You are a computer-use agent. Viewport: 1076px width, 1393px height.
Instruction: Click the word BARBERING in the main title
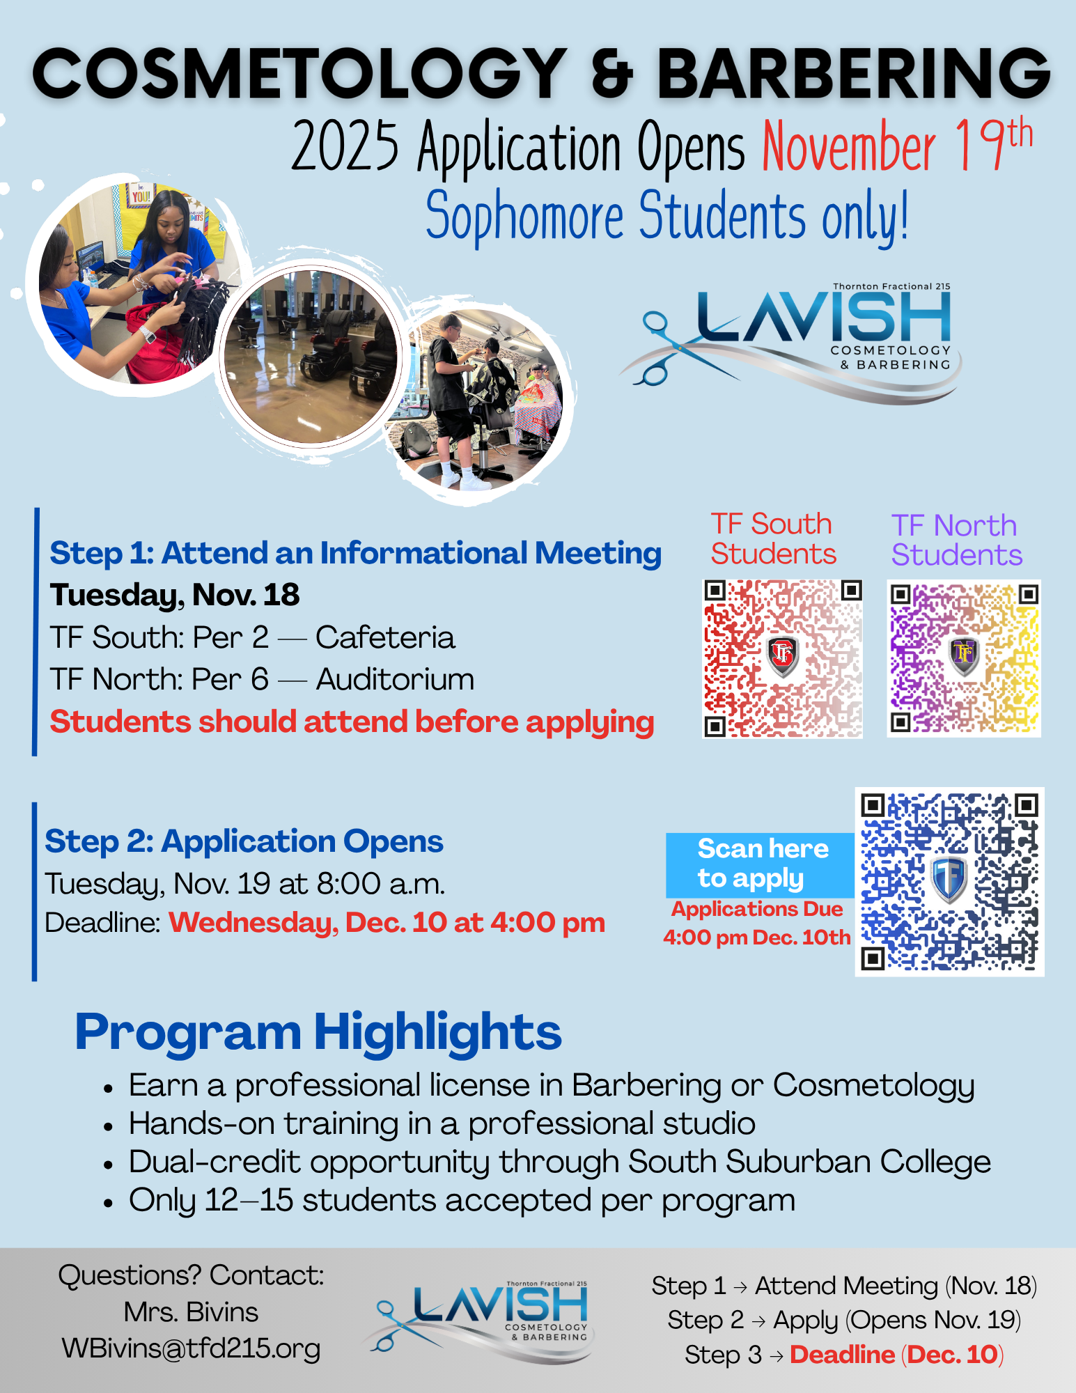[x=853, y=74]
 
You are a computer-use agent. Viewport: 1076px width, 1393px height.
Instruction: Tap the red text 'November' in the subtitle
[x=849, y=147]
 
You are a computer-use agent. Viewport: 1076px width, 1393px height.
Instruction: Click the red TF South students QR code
[x=783, y=658]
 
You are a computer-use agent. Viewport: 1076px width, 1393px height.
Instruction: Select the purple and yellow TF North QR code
[x=964, y=658]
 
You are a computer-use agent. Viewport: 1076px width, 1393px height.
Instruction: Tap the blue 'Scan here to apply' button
[x=761, y=864]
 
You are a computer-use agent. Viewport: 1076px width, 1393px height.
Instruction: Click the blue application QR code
[x=949, y=882]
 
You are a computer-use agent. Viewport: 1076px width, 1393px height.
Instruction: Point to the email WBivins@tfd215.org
[x=191, y=1348]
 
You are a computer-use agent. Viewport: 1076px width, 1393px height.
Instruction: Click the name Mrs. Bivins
[x=191, y=1312]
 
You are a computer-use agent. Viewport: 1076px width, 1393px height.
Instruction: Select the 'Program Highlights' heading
[x=318, y=1032]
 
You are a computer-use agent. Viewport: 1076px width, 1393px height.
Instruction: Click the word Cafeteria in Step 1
[x=384, y=637]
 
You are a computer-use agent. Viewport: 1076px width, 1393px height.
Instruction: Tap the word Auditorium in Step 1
[x=395, y=679]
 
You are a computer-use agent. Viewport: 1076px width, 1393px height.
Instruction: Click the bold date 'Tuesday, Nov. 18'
[x=174, y=595]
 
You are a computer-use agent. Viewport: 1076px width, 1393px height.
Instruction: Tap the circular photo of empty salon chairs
[x=310, y=357]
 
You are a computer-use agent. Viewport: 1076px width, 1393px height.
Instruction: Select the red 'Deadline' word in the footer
[x=842, y=1355]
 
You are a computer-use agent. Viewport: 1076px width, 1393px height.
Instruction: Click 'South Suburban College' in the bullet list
[x=809, y=1162]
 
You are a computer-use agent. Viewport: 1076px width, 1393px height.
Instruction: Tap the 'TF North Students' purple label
[x=956, y=540]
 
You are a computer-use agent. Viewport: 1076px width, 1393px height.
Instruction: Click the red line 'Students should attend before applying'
[x=352, y=722]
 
